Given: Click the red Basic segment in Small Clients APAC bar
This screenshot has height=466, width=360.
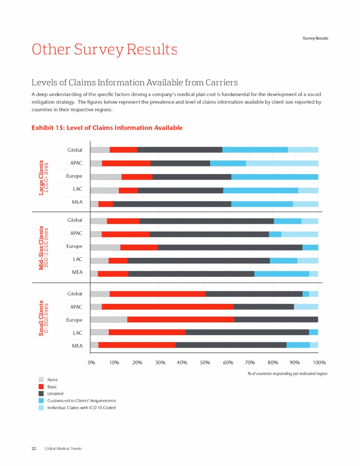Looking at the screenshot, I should (167, 307).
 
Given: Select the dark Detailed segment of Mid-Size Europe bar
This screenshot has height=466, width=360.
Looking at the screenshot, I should (230, 247).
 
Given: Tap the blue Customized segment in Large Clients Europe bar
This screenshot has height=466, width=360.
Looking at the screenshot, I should (275, 177).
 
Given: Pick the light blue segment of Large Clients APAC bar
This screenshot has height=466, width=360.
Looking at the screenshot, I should (282, 163).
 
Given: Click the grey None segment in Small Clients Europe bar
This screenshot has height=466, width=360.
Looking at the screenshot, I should (109, 319).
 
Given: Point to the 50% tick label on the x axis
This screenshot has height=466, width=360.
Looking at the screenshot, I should (205, 363).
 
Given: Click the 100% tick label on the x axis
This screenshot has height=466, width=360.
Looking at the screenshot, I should (319, 363).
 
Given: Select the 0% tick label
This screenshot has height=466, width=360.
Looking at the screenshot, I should (91, 363).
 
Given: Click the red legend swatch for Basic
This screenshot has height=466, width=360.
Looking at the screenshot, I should (41, 387).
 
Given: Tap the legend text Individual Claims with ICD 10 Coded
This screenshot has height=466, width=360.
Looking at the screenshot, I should (82, 408).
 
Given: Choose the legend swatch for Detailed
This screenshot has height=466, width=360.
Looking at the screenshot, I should (41, 394).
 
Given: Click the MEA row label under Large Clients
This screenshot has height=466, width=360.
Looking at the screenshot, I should (77, 202).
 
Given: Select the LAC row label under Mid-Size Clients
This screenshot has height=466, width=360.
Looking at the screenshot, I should (78, 259).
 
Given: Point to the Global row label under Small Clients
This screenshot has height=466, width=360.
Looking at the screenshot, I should (75, 294).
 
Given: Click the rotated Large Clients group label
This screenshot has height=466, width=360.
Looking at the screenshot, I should (42, 177).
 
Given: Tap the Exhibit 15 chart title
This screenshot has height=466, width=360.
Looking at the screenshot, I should (107, 128).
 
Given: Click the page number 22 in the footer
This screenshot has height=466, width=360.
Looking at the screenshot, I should (34, 449).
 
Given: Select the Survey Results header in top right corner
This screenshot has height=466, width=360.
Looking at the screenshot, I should (315, 38).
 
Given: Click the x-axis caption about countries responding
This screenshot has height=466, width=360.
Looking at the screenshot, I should (287, 374).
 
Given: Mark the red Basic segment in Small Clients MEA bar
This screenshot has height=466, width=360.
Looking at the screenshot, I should (137, 345).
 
